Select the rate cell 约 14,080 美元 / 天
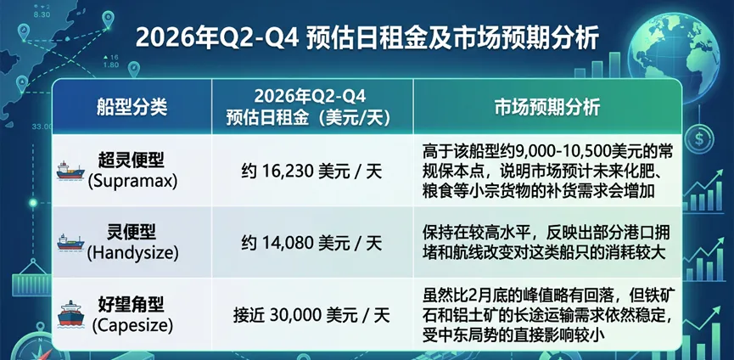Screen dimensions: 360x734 (x=311, y=243)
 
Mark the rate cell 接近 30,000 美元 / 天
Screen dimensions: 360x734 (x=311, y=315)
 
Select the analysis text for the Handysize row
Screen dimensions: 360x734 (x=543, y=241)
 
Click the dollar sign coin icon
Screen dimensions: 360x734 (x=701, y=136)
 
